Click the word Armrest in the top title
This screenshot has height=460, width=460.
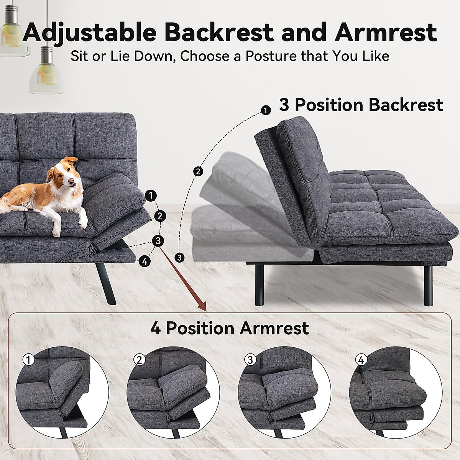(386, 32)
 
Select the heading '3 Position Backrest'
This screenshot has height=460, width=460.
(361, 105)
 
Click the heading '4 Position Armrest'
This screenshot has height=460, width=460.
(230, 328)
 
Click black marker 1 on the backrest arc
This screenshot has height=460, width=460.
(265, 110)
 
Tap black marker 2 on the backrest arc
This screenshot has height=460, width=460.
(198, 171)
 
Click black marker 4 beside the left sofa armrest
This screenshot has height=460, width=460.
(145, 262)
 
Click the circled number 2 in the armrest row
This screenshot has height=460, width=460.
(139, 360)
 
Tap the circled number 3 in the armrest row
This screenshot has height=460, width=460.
(250, 360)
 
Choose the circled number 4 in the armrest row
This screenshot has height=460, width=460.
(361, 360)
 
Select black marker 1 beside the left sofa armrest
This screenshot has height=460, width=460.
(151, 195)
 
